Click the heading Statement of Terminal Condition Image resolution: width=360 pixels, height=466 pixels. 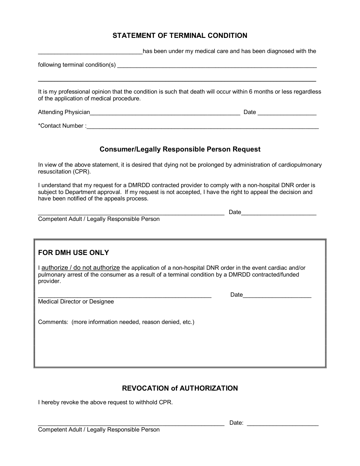(x=180, y=36)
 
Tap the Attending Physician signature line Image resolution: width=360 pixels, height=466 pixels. (x=165, y=113)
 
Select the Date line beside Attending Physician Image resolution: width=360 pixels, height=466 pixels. (x=287, y=113)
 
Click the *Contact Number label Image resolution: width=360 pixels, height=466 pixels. (x=62, y=126)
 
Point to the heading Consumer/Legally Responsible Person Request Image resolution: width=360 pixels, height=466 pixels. (x=180, y=149)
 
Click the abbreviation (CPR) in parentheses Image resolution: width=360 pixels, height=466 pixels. (x=82, y=171)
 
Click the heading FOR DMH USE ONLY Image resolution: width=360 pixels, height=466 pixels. (x=74, y=252)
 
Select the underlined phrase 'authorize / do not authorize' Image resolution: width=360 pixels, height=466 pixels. (x=80, y=267)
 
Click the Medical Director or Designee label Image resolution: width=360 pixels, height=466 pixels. (x=76, y=302)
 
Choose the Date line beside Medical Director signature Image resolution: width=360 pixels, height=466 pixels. (x=277, y=296)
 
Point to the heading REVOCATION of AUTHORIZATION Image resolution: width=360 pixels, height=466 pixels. (x=180, y=388)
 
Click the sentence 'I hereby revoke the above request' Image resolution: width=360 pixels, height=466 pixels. (x=105, y=402)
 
